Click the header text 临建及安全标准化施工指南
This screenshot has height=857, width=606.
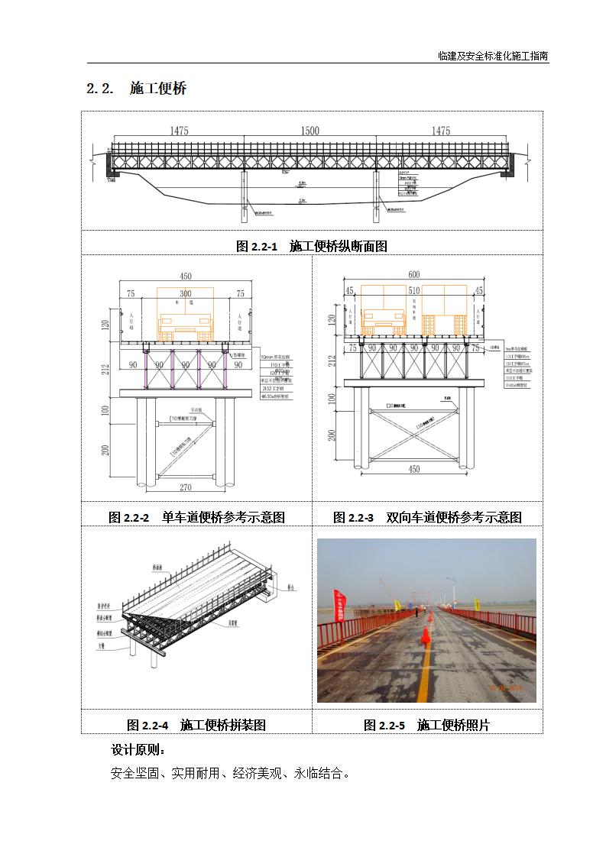pos(493,56)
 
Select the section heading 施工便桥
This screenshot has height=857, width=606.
pos(158,89)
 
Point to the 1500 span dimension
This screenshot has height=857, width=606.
pos(309,131)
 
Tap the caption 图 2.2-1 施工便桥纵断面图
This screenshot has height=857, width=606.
pos(312,246)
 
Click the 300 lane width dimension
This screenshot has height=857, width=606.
pos(186,293)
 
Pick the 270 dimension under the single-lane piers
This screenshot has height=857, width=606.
pos(185,487)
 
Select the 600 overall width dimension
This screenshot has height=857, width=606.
pos(413,275)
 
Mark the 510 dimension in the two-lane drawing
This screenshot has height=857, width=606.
pos(413,290)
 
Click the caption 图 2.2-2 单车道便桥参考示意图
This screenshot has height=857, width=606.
pos(196,517)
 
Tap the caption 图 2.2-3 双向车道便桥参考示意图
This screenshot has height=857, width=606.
pos(427,517)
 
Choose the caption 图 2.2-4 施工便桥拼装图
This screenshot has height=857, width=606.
pos(196,725)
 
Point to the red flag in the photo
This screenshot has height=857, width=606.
pos(339,603)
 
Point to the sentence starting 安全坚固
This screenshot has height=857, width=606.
pos(230,773)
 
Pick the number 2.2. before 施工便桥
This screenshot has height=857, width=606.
pos(100,89)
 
